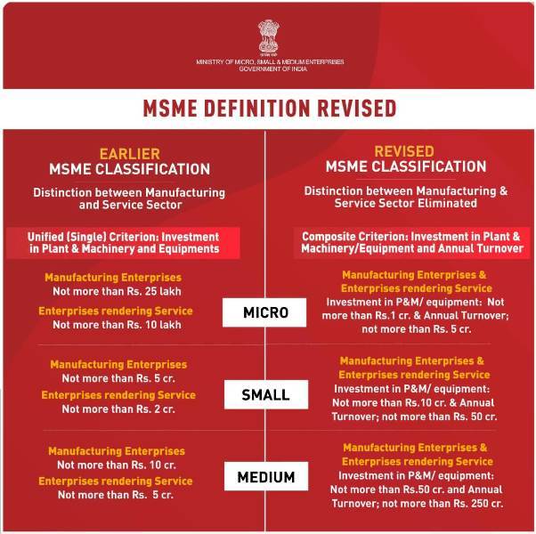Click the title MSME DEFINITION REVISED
pyautogui.click(x=269, y=109)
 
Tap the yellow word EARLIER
pyautogui.click(x=130, y=151)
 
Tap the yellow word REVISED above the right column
pyautogui.click(x=404, y=151)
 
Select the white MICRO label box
pyautogui.click(x=265, y=312)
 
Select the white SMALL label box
pyautogui.click(x=265, y=394)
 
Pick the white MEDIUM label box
pyautogui.click(x=265, y=477)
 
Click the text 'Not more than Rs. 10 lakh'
pyautogui.click(x=116, y=325)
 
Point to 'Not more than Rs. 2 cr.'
pyautogui.click(x=118, y=409)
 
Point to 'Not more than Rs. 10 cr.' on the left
pyautogui.click(x=117, y=465)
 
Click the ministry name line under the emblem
pyautogui.click(x=269, y=61)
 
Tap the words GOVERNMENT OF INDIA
pyautogui.click(x=269, y=69)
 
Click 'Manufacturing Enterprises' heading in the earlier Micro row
pyautogui.click(x=113, y=278)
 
